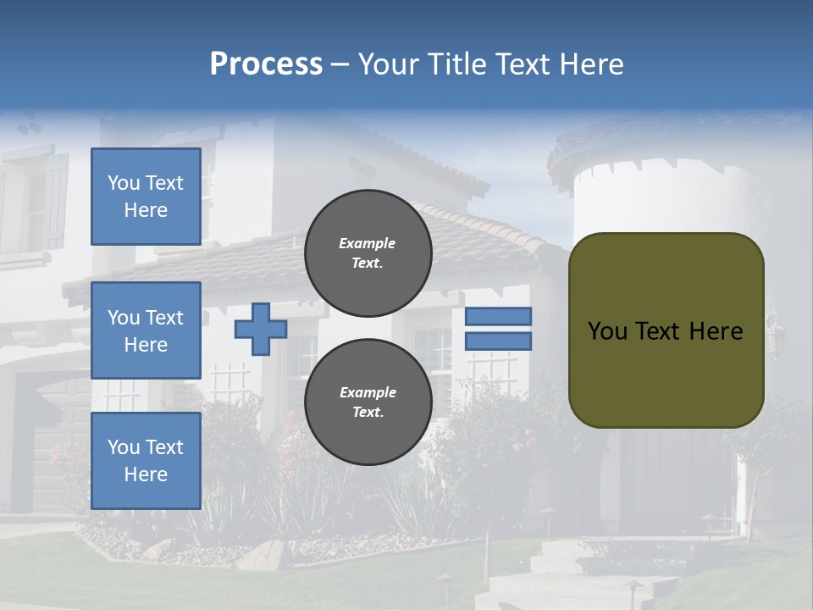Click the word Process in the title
[x=266, y=64]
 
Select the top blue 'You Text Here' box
[x=146, y=197]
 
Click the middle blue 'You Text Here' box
[x=146, y=330]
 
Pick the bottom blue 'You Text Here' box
[x=146, y=461]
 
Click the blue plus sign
[x=261, y=329]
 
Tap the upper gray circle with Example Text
[x=368, y=252]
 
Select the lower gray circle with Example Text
[x=368, y=402]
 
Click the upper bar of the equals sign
[x=498, y=316]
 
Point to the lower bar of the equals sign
[x=498, y=341]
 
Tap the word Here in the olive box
[x=716, y=331]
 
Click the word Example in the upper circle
[x=368, y=243]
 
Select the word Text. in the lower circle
[x=368, y=413]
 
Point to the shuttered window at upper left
[x=38, y=203]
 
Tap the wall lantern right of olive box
[x=772, y=330]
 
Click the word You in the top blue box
[x=123, y=183]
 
